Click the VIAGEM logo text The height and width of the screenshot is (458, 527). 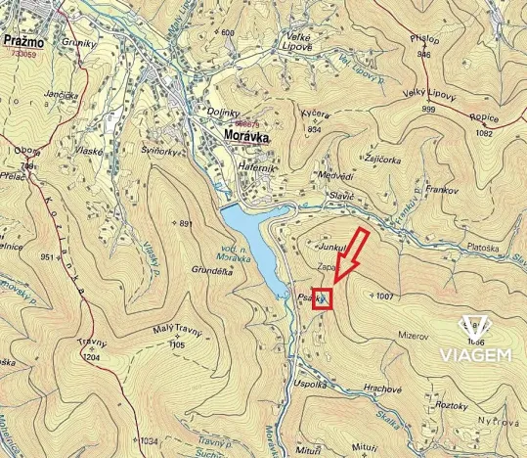(x=475, y=353)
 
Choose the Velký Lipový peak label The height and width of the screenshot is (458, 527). (x=431, y=96)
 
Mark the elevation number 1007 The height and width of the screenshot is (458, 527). (x=384, y=296)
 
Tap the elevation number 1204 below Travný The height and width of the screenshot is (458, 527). (x=91, y=358)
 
